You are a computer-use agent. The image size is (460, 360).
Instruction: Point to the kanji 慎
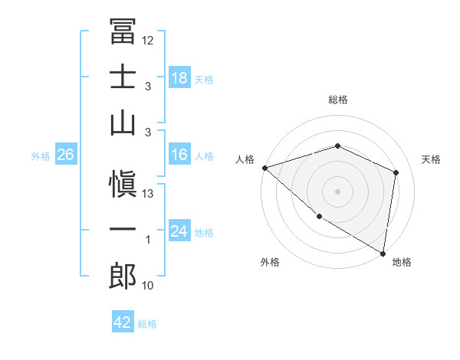pyautogui.click(x=123, y=185)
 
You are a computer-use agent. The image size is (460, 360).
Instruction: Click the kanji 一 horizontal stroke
pyautogui.click(x=123, y=231)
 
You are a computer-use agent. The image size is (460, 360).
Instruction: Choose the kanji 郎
pyautogui.click(x=123, y=276)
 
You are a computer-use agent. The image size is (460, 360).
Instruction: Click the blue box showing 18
pyautogui.click(x=179, y=77)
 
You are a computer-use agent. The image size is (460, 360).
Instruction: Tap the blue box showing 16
pyautogui.click(x=179, y=155)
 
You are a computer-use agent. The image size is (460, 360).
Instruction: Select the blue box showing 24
pyautogui.click(x=179, y=231)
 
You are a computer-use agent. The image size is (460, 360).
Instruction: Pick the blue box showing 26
pyautogui.click(x=65, y=155)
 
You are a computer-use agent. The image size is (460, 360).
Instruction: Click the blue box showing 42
pyautogui.click(x=123, y=322)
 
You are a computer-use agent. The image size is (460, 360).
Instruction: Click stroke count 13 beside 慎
pyautogui.click(x=148, y=194)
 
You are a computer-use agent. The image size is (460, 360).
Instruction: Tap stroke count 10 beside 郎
pyautogui.click(x=148, y=286)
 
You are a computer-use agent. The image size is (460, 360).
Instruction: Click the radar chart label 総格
pyautogui.click(x=337, y=100)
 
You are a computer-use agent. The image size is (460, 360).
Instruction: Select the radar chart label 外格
pyautogui.click(x=270, y=262)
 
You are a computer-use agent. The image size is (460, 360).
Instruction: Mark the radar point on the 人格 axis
pyautogui.click(x=264, y=168)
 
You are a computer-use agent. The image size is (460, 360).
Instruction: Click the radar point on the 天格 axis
pyautogui.click(x=396, y=172)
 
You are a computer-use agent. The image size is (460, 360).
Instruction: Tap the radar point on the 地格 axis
pyautogui.click(x=383, y=253)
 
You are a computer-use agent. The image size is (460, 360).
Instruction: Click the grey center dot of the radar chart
pyautogui.click(x=337, y=191)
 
